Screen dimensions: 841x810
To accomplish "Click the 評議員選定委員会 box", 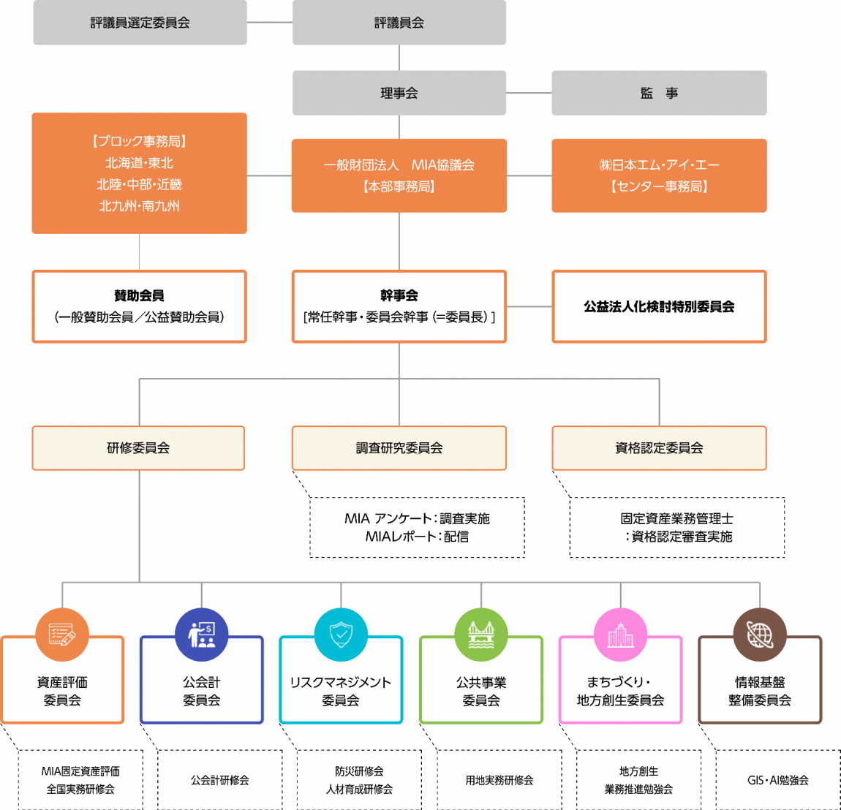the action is pyautogui.click(x=140, y=23).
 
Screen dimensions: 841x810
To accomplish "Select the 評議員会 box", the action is pyautogui.click(x=399, y=23).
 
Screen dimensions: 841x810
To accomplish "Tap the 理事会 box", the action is pyautogui.click(x=399, y=93).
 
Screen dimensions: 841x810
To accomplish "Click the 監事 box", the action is pyautogui.click(x=659, y=93).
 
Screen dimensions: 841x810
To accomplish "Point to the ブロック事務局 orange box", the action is pyautogui.click(x=140, y=173).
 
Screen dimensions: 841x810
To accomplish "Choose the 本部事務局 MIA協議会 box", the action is pyautogui.click(x=399, y=175).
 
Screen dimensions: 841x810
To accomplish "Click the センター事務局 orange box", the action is pyautogui.click(x=659, y=175).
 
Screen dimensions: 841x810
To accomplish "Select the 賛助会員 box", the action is pyautogui.click(x=140, y=306).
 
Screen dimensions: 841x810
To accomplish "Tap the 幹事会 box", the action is pyautogui.click(x=399, y=306).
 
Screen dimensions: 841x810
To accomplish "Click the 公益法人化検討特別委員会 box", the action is pyautogui.click(x=659, y=306).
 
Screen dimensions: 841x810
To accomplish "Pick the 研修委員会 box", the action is pyautogui.click(x=138, y=448).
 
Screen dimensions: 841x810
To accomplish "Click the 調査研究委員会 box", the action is pyautogui.click(x=399, y=448).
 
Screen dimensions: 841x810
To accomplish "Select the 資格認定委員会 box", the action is pyautogui.click(x=659, y=448).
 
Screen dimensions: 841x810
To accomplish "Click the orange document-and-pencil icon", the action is pyautogui.click(x=62, y=635).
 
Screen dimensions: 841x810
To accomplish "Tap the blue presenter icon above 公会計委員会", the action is pyautogui.click(x=202, y=635).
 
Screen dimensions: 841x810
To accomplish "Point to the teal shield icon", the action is pyautogui.click(x=341, y=635).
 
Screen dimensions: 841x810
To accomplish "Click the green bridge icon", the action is pyautogui.click(x=481, y=635).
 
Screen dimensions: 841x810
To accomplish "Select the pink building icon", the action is pyautogui.click(x=621, y=635).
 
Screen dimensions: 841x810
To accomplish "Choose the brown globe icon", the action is pyautogui.click(x=760, y=635).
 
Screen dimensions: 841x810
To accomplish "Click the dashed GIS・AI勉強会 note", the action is pyautogui.click(x=778, y=780).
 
